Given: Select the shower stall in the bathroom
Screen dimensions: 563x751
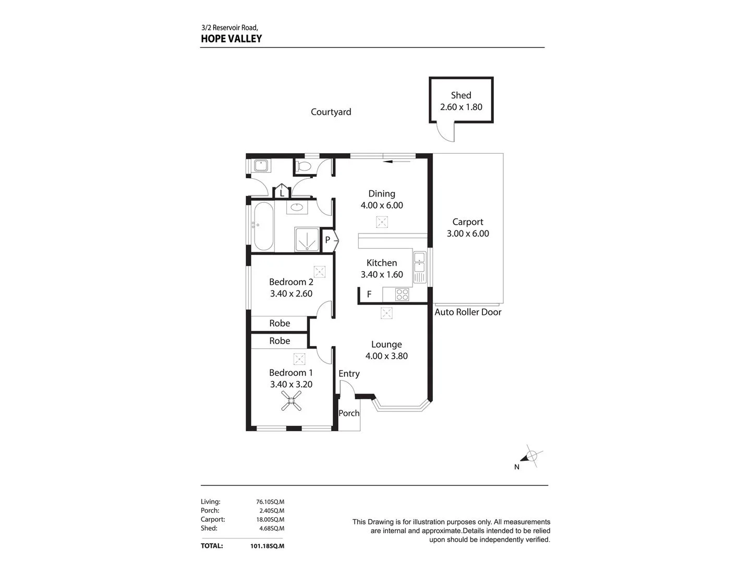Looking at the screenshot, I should pyautogui.click(x=307, y=239).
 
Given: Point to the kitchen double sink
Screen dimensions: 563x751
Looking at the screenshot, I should pyautogui.click(x=420, y=267).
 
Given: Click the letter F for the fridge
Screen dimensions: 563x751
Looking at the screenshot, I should pyautogui.click(x=369, y=295).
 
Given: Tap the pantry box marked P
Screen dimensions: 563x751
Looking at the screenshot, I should pyautogui.click(x=328, y=240).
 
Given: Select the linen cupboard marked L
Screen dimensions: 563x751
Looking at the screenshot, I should pyautogui.click(x=282, y=192).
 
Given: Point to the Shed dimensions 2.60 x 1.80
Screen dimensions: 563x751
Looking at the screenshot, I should pyautogui.click(x=461, y=107).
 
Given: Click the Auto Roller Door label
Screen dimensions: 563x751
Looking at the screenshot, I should pyautogui.click(x=468, y=312).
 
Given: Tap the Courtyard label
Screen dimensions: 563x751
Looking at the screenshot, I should pyautogui.click(x=331, y=112).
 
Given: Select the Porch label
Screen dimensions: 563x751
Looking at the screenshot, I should pyautogui.click(x=349, y=413).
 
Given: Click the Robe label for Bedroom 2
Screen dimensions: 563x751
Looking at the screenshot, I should pyautogui.click(x=280, y=323).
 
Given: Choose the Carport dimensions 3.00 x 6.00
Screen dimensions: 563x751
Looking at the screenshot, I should pyautogui.click(x=468, y=234).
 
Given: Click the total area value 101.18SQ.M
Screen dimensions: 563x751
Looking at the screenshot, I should pyautogui.click(x=267, y=546).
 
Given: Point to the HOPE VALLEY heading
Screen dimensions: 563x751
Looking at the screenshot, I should pyautogui.click(x=231, y=39).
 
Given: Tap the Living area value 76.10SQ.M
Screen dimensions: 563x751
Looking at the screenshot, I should pyautogui.click(x=270, y=502).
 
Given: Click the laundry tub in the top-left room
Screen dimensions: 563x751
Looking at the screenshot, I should pyautogui.click(x=260, y=166).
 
